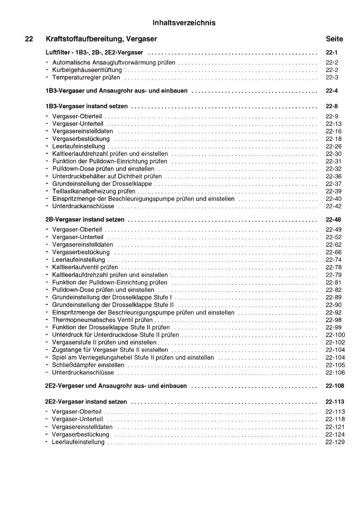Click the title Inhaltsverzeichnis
184,23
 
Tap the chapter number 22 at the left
29,39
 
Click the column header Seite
334,39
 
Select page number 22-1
332,53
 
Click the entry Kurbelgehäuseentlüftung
87,70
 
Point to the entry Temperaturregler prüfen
86,77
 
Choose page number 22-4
332,91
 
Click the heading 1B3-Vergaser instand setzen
87,107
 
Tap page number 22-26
334,147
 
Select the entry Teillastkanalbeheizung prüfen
93,192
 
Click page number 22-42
334,206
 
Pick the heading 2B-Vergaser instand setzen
85,220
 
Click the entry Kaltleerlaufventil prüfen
85,267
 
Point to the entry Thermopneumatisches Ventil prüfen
102,320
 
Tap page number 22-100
335,335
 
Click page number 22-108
335,386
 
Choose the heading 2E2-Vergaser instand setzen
86,402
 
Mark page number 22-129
335,442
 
